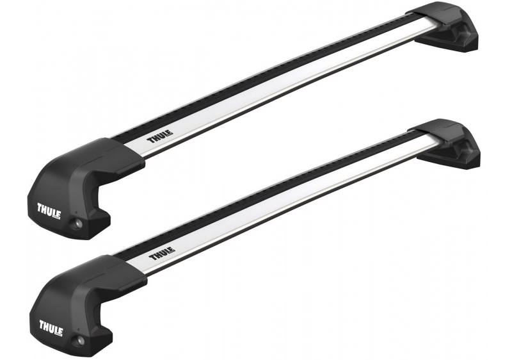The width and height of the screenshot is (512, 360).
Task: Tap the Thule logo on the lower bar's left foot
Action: click(51, 329)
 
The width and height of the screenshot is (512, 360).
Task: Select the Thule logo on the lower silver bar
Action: click(163, 253)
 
